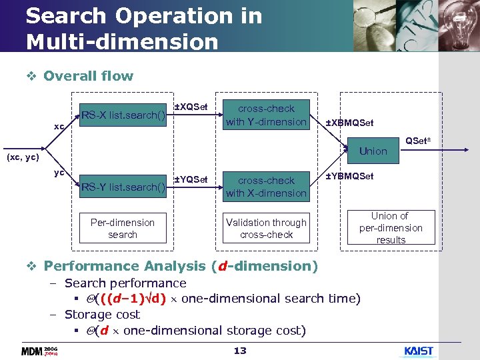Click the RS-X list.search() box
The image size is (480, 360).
tap(123, 115)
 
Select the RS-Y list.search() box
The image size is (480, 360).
tap(123, 187)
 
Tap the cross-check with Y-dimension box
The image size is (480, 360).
tap(266, 115)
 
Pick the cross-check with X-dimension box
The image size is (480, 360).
tap(266, 187)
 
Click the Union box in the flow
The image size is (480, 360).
tap(373, 151)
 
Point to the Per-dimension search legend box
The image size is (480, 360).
tap(123, 228)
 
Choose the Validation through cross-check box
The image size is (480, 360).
tap(266, 228)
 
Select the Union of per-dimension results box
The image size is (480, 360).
tap(391, 228)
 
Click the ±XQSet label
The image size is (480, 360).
tap(191, 107)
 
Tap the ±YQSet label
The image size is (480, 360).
tap(191, 179)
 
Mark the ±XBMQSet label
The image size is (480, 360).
tap(349, 123)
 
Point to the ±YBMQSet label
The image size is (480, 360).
tap(349, 176)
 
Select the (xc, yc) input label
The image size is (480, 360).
tap(23, 158)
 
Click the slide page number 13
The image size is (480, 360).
tap(240, 351)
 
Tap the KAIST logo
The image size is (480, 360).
tap(419, 351)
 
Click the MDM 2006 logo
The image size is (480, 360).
tap(39, 351)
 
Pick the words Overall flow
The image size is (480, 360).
tap(88, 76)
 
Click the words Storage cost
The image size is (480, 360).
tap(102, 314)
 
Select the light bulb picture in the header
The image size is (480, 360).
tap(456, 23)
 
